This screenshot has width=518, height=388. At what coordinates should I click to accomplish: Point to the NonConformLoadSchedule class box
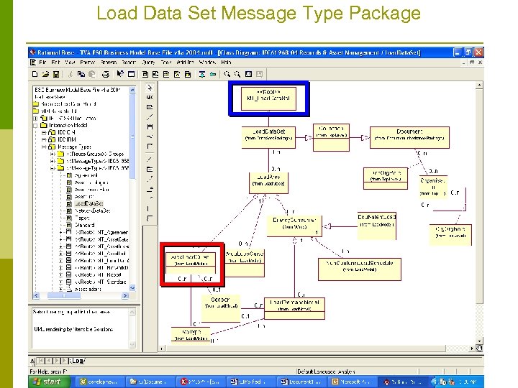(358, 266)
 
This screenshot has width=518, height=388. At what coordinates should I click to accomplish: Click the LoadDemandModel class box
(295, 305)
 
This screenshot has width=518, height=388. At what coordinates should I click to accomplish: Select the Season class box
(220, 302)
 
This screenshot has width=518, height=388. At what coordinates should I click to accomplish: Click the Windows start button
(48, 382)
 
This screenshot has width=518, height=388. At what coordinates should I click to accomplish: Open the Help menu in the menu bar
(226, 63)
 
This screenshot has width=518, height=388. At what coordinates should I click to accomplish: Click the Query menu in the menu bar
(148, 63)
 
